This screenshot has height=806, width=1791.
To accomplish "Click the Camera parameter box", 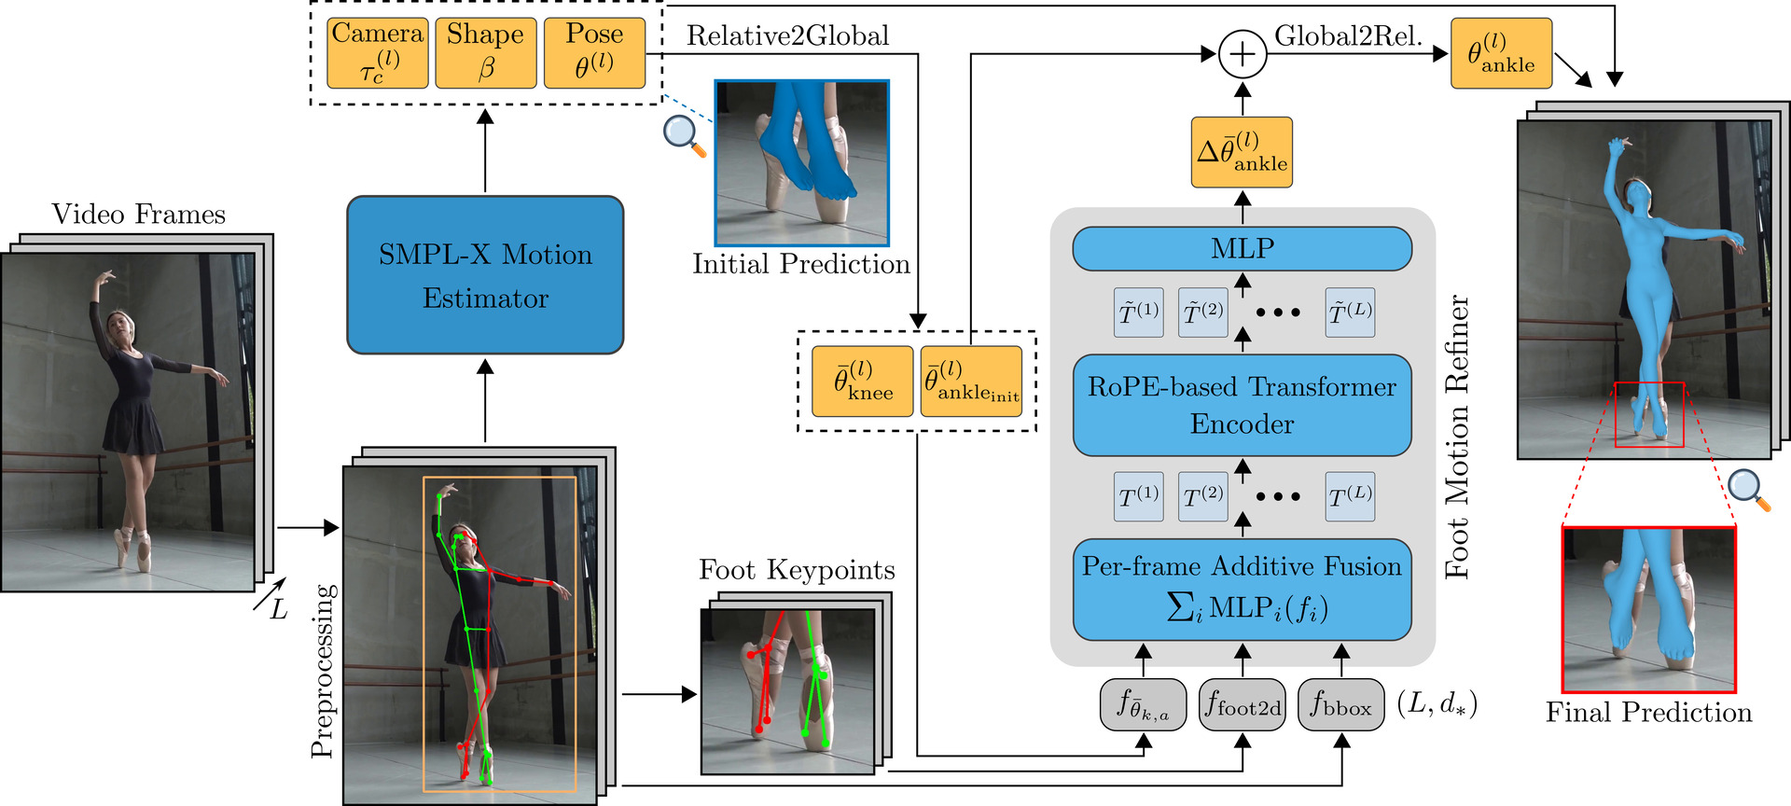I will pos(378,53).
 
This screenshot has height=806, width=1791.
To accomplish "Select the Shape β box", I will pos(486,53).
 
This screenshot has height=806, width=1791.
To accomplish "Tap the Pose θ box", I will pos(594,53).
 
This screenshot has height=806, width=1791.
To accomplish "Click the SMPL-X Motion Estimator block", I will pos(485,275).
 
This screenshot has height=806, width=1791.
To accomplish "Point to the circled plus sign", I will pos(1243,54).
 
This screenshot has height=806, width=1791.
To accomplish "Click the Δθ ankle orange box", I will pos(1242,152).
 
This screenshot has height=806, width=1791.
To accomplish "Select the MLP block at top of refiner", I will pos(1242,249).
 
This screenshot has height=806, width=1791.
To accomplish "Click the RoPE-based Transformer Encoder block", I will pos(1242,405).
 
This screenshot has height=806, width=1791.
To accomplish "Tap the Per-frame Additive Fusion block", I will pos(1242,589).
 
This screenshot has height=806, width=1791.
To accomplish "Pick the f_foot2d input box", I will pos(1243,705).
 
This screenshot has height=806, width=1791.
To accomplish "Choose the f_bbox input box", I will pos(1341,705).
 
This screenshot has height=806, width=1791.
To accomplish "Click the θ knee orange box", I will pos(862,381).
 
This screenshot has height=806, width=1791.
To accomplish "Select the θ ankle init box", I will pos(971,381).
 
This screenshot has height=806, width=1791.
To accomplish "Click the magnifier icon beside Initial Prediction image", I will pos(684,135).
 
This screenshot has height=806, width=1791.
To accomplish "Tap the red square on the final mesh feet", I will pos(1649,414).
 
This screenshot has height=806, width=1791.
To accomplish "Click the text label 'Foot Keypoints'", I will pos(797,570).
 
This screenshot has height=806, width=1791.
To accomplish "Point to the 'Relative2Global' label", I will pos(788,36).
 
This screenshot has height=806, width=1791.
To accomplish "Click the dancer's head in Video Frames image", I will pos(119,324).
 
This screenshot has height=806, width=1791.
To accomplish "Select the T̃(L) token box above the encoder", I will pos(1350,313).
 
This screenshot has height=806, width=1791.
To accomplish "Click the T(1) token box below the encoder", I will pos(1138,496).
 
